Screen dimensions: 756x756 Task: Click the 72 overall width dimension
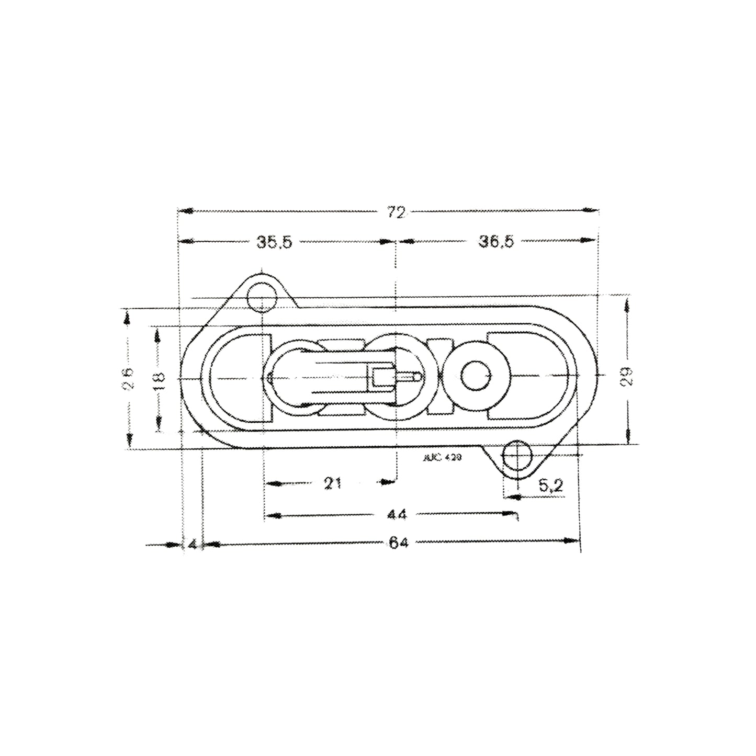coord(397,212)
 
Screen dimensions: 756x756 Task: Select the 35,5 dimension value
coord(274,242)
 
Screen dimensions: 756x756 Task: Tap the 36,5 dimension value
coord(497,242)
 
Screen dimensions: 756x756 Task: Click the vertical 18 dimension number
coord(160,378)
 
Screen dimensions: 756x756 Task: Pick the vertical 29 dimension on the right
coord(628,375)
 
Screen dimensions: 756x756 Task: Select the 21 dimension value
coord(333,483)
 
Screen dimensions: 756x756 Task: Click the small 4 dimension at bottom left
coord(193,545)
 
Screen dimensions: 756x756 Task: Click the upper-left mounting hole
coord(262,298)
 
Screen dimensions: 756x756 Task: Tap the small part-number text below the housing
coord(441,457)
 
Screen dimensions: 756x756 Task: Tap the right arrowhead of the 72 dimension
coord(592,211)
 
